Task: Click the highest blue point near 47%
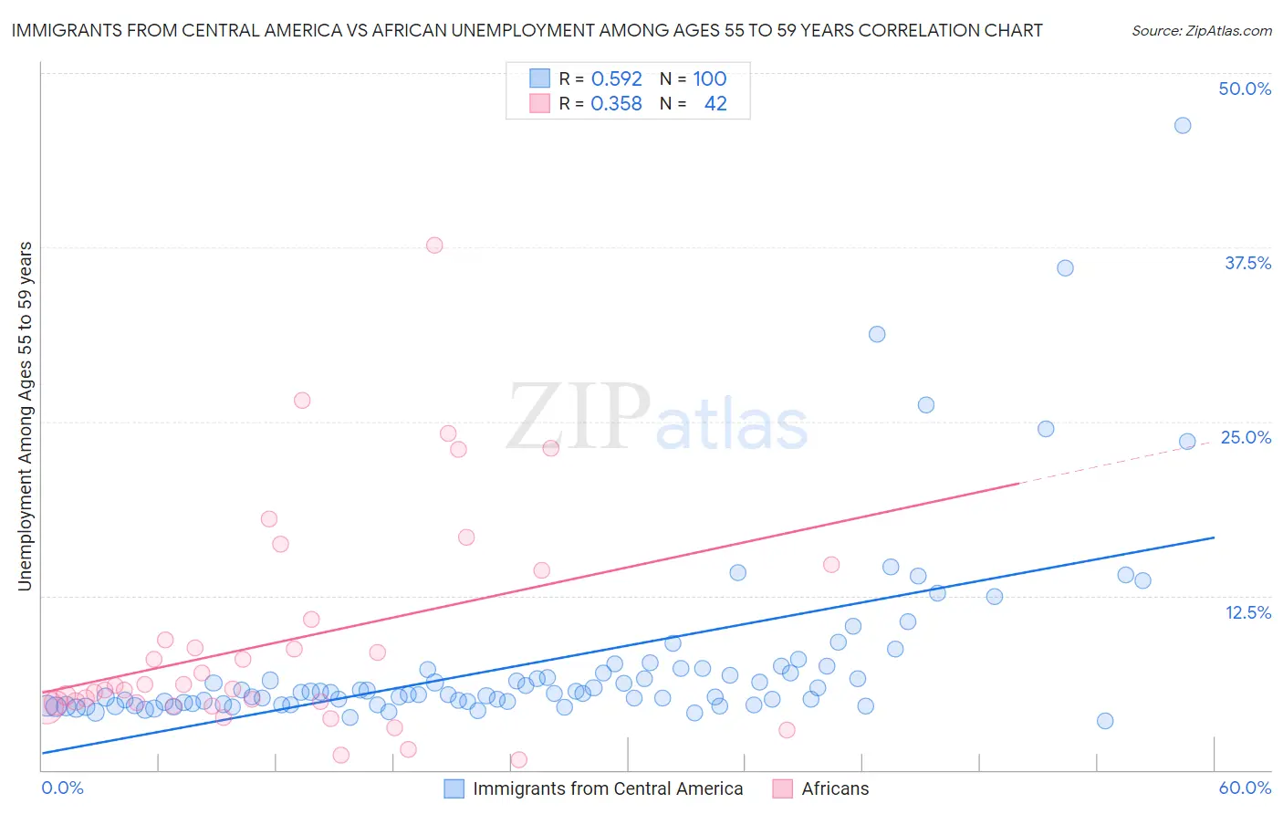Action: (1182, 126)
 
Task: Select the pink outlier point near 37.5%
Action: (434, 245)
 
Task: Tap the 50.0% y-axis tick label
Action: (1245, 89)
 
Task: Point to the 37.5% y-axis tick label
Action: (1247, 263)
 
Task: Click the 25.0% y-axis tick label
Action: (1246, 437)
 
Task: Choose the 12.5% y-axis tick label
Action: (1247, 612)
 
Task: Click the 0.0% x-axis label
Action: (62, 788)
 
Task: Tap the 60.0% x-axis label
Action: (1245, 788)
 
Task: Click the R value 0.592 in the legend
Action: (616, 78)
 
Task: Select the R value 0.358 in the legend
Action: (616, 104)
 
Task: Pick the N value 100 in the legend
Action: (709, 78)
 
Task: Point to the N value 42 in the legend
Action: (715, 104)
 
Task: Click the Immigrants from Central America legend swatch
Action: (454, 788)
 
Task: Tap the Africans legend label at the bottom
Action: (835, 788)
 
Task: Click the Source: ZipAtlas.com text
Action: (1201, 31)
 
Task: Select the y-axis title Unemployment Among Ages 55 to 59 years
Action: (26, 415)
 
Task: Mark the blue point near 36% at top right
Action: (1065, 268)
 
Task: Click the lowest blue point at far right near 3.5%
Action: (1104, 721)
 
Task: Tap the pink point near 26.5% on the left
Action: (302, 401)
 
